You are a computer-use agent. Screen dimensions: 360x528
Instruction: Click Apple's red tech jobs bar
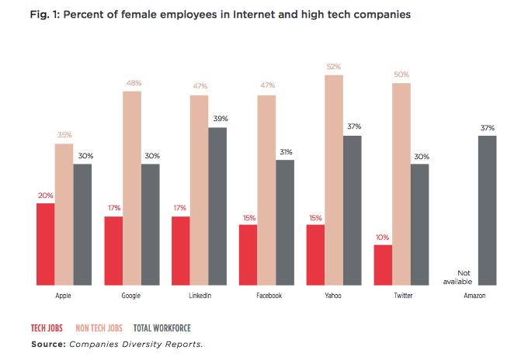[45, 245]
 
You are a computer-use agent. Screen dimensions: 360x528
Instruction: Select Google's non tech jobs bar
[132, 189]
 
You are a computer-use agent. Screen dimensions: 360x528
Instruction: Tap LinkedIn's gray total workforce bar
[217, 207]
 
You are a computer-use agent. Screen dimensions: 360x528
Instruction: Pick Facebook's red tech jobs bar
[248, 256]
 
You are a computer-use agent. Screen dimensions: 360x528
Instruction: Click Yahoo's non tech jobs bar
[334, 181]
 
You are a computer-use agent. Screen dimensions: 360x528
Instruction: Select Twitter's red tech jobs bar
[383, 266]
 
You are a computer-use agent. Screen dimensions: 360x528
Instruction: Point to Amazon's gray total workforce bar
[487, 211]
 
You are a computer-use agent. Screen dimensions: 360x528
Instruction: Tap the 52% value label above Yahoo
[334, 67]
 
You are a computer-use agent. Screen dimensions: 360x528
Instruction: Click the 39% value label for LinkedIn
[218, 119]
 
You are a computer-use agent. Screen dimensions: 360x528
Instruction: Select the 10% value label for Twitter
[383, 237]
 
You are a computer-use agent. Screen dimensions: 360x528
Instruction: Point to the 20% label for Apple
[45, 196]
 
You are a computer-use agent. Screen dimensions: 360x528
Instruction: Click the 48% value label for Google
[132, 84]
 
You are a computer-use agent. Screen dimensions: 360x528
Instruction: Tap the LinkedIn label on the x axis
[200, 296]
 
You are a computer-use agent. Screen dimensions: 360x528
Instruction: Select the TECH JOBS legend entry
[48, 328]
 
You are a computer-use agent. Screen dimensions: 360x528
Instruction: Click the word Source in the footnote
[48, 343]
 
